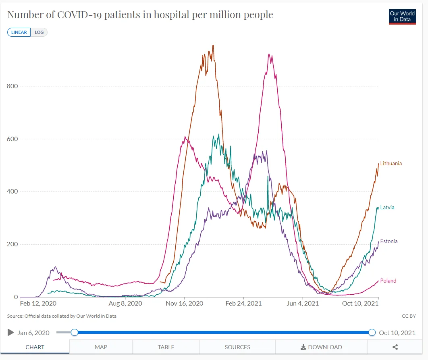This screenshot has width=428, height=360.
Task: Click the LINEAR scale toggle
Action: tap(19, 32)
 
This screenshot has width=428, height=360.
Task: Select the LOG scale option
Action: tap(39, 32)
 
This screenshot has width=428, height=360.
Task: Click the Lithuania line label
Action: tap(391, 164)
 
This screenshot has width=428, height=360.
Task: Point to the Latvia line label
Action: tap(387, 208)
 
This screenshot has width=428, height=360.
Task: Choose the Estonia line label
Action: tap(389, 241)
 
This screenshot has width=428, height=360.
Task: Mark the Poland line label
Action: tap(388, 281)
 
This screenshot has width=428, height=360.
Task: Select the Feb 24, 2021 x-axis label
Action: tap(243, 304)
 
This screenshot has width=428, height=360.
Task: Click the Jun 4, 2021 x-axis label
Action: tap(302, 304)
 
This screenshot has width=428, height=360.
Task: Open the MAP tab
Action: tap(101, 347)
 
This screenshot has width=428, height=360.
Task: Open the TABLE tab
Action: tap(166, 347)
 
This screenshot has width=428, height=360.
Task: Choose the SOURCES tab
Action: tap(237, 347)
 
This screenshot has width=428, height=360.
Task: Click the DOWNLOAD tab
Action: tap(321, 347)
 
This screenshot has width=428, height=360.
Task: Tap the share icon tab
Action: tap(395, 347)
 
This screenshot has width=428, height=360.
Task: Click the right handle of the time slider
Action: tap(372, 333)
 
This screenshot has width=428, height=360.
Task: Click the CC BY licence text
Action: tap(409, 316)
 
